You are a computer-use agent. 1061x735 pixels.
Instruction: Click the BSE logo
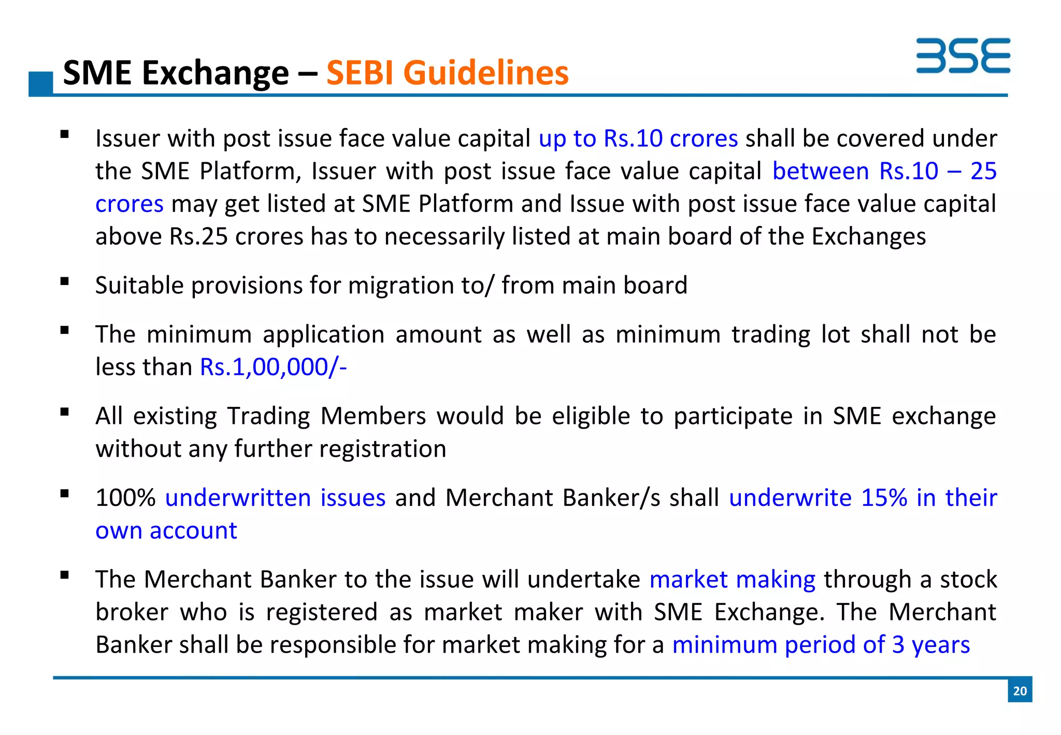click(x=963, y=55)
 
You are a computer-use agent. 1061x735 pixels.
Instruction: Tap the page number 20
click(x=1020, y=690)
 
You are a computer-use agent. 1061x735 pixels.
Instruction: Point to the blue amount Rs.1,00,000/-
click(x=273, y=367)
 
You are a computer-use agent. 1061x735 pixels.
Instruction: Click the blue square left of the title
click(x=41, y=83)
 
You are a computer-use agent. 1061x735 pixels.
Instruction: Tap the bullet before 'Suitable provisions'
click(x=65, y=282)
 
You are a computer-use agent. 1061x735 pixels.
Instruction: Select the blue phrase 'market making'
click(x=733, y=579)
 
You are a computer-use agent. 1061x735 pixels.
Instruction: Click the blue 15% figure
click(x=884, y=498)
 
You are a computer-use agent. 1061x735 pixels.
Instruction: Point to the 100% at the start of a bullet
click(x=125, y=498)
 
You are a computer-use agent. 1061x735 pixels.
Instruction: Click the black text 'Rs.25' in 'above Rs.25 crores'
click(x=198, y=237)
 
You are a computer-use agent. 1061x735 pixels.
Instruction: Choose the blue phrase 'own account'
click(x=166, y=531)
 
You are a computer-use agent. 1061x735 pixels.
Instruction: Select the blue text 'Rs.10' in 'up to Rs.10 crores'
click(x=633, y=139)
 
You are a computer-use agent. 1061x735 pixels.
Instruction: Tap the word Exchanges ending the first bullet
click(x=868, y=237)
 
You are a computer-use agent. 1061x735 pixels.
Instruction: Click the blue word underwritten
click(x=238, y=498)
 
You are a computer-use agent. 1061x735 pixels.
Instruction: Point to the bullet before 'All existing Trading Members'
click(x=65, y=413)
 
